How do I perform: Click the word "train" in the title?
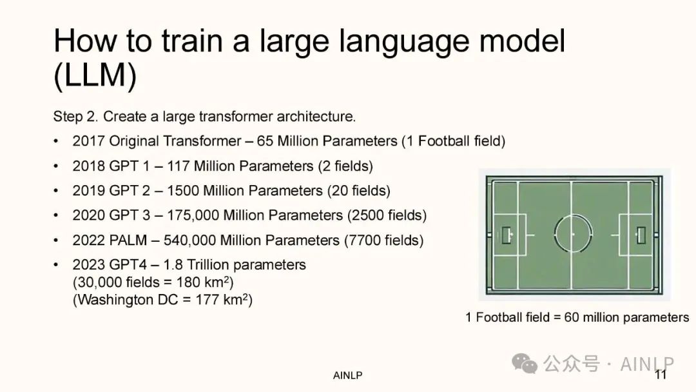pos(192,41)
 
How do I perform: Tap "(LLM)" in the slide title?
pos(95,75)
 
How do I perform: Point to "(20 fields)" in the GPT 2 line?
pos(359,191)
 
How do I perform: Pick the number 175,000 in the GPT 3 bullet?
pos(193,215)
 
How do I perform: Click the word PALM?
pos(128,240)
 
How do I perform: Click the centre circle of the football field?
pos(573,215)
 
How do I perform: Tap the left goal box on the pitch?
pos(507,235)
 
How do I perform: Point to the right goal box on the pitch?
pos(641,235)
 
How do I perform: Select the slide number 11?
pos(661,375)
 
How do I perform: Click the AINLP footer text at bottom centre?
pos(347,376)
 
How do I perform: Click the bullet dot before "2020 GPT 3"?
pos(56,215)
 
